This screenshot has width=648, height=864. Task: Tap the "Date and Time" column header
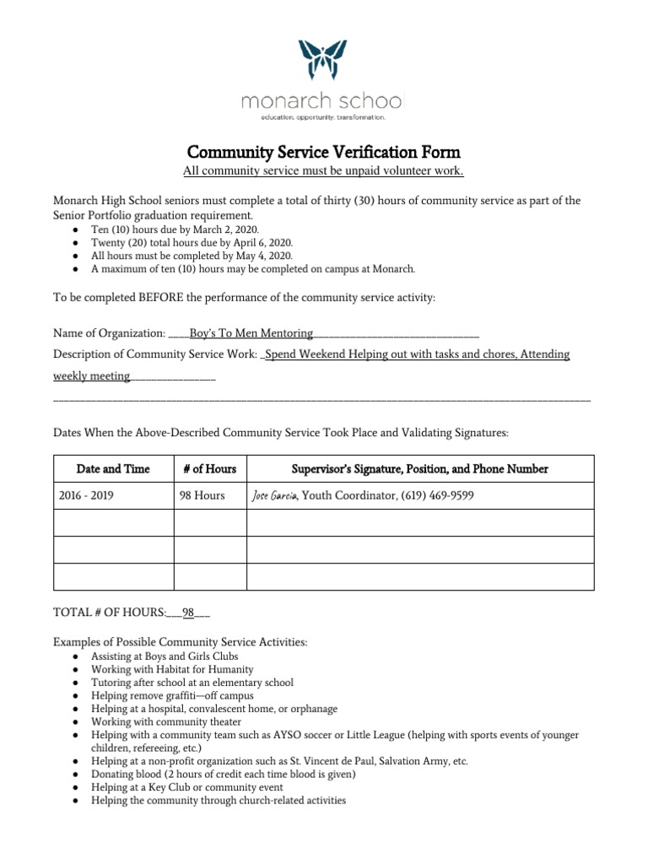[x=113, y=468]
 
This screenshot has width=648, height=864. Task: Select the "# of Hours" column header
[x=209, y=468]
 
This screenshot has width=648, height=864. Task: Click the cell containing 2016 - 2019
[x=86, y=495]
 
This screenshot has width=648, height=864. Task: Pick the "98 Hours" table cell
[x=202, y=495]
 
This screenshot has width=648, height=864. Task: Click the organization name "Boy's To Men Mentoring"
[x=251, y=333]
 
